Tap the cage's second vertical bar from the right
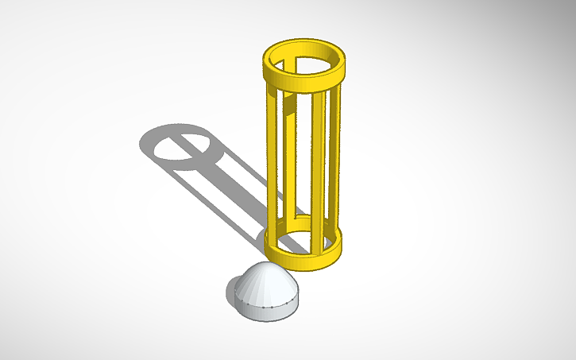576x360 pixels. click(318, 171)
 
